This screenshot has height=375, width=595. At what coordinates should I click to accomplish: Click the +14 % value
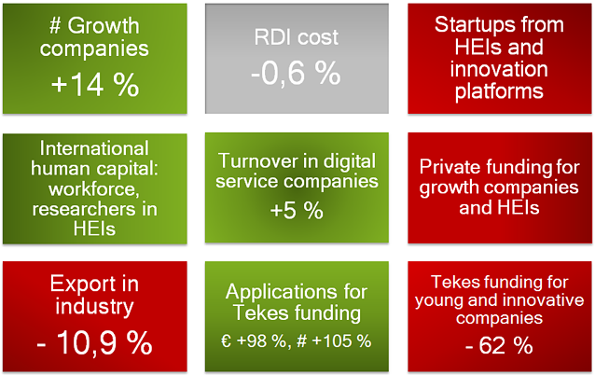[95, 84]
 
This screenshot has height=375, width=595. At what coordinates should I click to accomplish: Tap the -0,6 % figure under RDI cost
[296, 73]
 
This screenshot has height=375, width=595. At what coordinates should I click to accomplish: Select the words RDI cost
[296, 37]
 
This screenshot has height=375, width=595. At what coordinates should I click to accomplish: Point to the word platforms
[499, 91]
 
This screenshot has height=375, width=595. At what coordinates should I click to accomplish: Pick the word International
[94, 148]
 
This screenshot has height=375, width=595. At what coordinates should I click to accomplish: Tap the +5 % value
[297, 211]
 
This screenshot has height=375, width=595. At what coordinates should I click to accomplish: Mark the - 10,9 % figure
[95, 342]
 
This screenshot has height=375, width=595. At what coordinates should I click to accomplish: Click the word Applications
[282, 293]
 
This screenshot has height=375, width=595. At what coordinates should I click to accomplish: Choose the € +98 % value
[254, 340]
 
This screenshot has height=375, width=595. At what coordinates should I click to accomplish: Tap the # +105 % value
[334, 340]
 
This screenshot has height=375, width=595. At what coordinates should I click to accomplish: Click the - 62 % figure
[499, 345]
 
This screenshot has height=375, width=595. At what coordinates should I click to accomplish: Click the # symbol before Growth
[55, 26]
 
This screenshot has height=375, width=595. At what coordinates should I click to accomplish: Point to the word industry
[94, 307]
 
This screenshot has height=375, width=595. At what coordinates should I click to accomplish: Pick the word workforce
[94, 188]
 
